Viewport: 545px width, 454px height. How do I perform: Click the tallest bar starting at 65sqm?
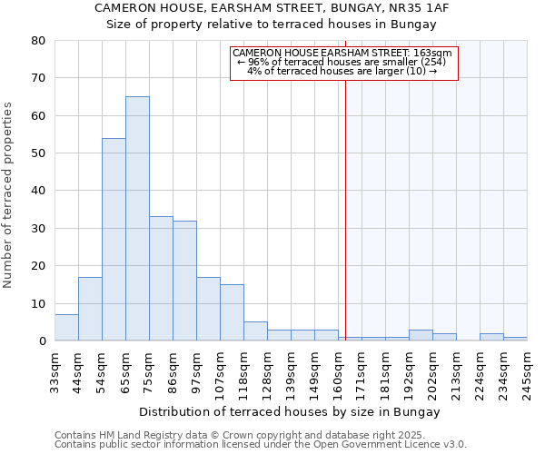[137, 218]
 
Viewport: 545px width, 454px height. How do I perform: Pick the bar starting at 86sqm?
[184, 281]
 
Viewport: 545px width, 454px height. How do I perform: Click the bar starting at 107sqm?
[232, 312]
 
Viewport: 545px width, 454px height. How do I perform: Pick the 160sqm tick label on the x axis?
[338, 371]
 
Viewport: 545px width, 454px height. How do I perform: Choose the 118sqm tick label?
[243, 371]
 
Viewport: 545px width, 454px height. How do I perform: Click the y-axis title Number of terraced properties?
[9, 194]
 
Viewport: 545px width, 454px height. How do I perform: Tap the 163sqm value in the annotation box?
[437, 54]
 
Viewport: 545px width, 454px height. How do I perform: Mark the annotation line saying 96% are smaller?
[344, 62]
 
